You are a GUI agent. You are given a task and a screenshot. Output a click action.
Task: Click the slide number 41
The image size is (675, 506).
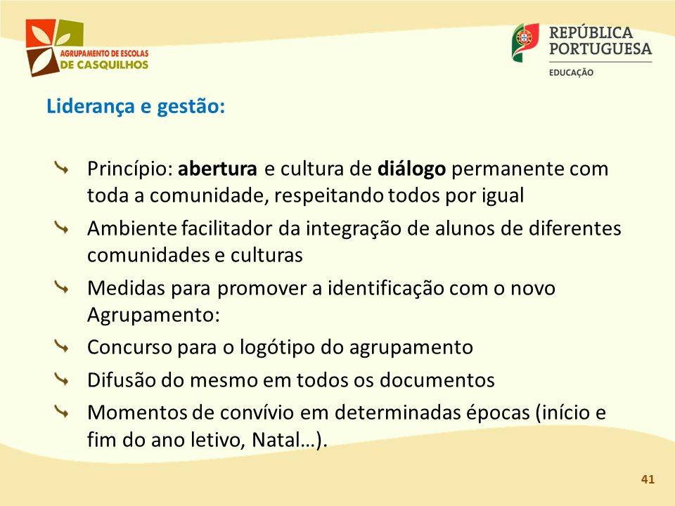click(x=648, y=479)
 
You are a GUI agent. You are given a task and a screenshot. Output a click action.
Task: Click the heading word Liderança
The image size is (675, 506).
click(x=91, y=106)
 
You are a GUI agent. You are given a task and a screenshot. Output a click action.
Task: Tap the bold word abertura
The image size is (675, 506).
click(x=217, y=169)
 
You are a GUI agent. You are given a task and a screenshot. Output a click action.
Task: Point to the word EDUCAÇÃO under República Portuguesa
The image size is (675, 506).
click(x=571, y=72)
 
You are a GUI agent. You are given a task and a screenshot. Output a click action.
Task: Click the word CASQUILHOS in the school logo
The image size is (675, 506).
click(x=112, y=65)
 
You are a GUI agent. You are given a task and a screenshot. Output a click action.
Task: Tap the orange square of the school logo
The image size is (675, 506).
click(x=40, y=34)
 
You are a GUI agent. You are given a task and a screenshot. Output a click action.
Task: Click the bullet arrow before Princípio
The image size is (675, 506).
click(x=62, y=168)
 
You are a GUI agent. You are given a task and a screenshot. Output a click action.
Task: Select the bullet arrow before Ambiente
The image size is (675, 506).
click(x=62, y=227)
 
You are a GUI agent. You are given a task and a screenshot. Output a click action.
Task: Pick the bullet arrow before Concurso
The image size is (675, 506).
click(x=62, y=346)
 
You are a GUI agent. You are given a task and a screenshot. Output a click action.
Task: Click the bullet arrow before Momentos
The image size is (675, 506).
click(x=62, y=412)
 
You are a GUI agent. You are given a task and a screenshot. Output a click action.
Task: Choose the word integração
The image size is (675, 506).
click(x=354, y=229)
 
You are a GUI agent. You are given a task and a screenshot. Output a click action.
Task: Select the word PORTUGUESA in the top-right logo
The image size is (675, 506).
click(x=600, y=48)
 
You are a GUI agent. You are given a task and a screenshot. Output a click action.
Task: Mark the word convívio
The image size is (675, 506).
click(x=257, y=413)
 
